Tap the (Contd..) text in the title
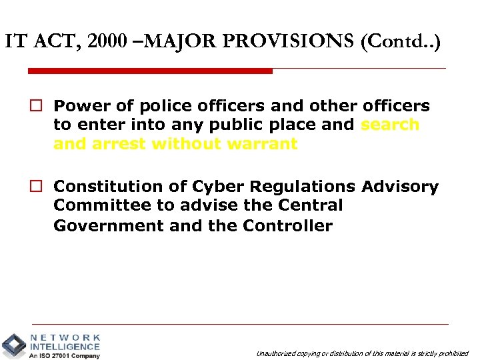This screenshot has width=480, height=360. pyautogui.click(x=401, y=42)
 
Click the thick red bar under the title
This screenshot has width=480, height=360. pyautogui.click(x=150, y=71)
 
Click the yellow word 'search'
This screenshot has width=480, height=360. pyautogui.click(x=390, y=125)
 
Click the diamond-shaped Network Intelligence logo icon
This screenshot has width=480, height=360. pyautogui.click(x=13, y=345)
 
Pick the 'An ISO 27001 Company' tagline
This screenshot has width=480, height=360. pyautogui.click(x=64, y=355)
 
